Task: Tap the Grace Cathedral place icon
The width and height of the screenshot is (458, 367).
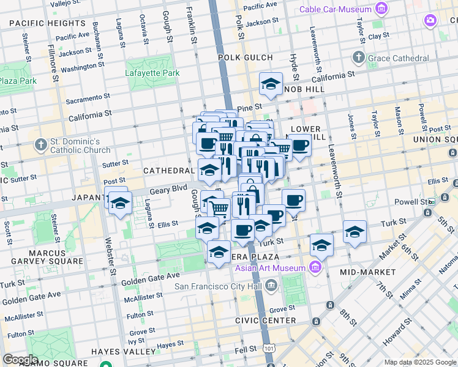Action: [359, 58]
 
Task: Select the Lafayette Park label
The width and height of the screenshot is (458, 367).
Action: [152, 73]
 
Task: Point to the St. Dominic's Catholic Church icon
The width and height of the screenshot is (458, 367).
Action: [40, 145]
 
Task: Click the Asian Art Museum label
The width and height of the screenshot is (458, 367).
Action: [269, 268]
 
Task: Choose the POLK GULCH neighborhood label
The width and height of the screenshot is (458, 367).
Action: [246, 57]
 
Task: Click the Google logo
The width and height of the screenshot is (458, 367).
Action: [20, 360]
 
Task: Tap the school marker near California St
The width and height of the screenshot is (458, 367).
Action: [270, 85]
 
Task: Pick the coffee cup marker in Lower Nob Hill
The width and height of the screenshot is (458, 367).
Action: [300, 146]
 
